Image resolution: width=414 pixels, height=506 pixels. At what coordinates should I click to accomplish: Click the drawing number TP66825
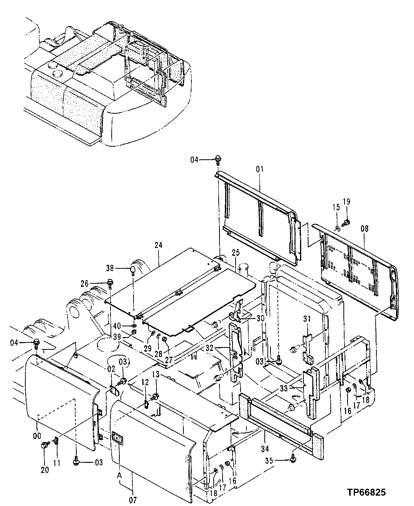coord(366,492)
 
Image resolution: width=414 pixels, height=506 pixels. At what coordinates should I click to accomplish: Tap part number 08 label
coord(364,229)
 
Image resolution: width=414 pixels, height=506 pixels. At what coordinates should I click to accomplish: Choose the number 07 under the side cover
coord(133,500)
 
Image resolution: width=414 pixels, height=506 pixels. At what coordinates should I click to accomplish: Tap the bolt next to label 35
coord(294,456)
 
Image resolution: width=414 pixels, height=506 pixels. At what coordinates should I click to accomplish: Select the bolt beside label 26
coord(110,283)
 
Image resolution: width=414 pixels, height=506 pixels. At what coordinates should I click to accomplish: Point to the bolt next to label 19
coord(347,222)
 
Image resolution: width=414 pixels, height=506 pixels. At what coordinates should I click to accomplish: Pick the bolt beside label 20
coord(45,445)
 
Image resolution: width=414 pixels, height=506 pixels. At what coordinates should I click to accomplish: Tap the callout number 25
coord(235,253)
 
